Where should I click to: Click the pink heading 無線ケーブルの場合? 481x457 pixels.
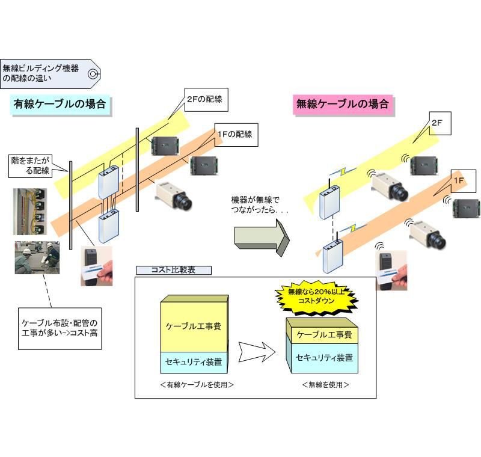pyautogui.click(x=343, y=105)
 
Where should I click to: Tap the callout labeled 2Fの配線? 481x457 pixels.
pyautogui.click(x=206, y=100)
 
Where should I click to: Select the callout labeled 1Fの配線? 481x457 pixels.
pyautogui.click(x=236, y=135)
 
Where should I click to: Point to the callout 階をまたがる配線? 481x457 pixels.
pyautogui.click(x=30, y=166)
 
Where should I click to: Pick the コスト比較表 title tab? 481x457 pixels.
pyautogui.click(x=174, y=270)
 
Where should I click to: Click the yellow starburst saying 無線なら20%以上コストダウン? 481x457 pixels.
pyautogui.click(x=316, y=296)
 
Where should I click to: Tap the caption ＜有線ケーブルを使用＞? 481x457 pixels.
pyautogui.click(x=197, y=385)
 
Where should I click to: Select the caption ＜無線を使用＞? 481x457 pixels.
pyautogui.click(x=325, y=385)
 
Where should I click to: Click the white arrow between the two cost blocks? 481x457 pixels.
pyautogui.click(x=257, y=352)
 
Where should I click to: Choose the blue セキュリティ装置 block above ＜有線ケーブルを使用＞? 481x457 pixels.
pyautogui.click(x=194, y=362)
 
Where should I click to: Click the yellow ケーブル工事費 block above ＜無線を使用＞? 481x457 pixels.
pyautogui.click(x=324, y=334)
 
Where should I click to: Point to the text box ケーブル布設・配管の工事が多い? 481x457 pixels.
pyautogui.click(x=60, y=328)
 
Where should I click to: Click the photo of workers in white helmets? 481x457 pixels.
pyautogui.click(x=37, y=257)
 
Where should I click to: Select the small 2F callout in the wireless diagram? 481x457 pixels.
pyautogui.click(x=440, y=123)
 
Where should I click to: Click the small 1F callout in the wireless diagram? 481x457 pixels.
pyautogui.click(x=463, y=181)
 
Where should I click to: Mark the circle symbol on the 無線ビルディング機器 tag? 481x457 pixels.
pyautogui.click(x=93, y=74)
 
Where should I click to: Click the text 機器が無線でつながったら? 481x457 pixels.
pyautogui.click(x=260, y=206)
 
